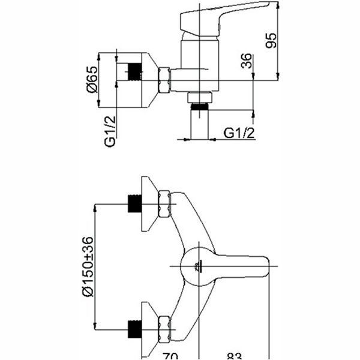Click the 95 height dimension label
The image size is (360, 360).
(271, 41)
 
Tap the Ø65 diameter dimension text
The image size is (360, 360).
(92, 79)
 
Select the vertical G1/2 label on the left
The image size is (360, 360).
(110, 131)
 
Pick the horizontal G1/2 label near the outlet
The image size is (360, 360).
(239, 133)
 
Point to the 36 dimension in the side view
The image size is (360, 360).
(247, 61)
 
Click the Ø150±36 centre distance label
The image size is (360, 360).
(88, 266)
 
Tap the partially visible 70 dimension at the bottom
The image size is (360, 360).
(170, 356)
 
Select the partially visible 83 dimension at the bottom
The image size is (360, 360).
(235, 356)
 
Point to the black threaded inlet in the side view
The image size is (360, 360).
(135, 72)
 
